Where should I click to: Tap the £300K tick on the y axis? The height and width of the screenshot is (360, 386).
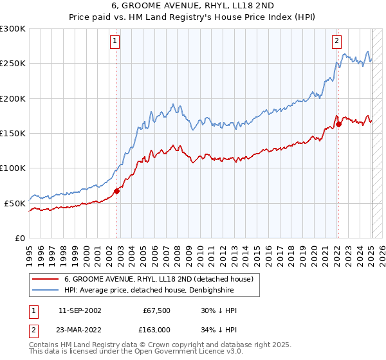click(x=13, y=29)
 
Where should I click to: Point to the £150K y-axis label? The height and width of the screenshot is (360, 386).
click(x=13, y=134)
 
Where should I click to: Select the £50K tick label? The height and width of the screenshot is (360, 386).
click(x=15, y=203)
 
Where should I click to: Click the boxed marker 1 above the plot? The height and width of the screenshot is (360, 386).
click(x=115, y=41)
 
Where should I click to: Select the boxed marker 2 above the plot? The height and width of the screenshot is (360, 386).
click(x=336, y=41)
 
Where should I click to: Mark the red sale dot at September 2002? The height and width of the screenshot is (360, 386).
click(x=117, y=191)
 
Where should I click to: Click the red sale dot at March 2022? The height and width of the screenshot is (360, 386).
click(x=339, y=124)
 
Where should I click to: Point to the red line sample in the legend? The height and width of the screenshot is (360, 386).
click(x=46, y=280)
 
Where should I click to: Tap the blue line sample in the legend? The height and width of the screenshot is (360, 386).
click(x=46, y=290)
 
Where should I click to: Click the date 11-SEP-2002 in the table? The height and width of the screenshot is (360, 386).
click(x=80, y=311)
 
